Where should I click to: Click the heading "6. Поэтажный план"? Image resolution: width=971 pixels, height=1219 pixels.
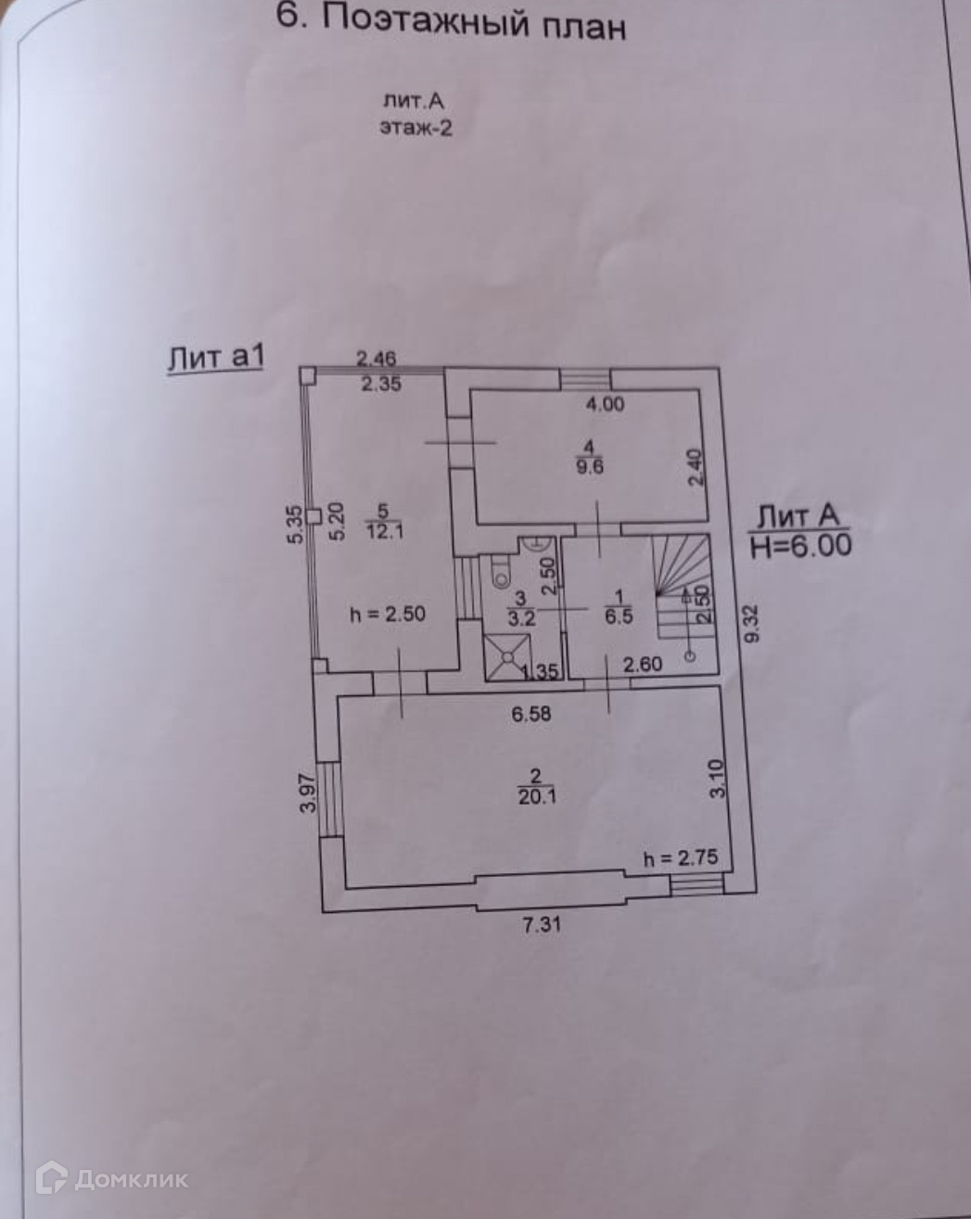tap(453, 22)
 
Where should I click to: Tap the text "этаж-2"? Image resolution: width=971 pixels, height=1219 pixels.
tap(415, 128)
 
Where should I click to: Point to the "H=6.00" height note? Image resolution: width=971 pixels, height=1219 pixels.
tap(799, 545)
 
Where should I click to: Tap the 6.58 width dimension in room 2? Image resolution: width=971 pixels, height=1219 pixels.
tap(532, 715)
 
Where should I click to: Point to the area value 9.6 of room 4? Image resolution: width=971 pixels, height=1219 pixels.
tap(589, 467)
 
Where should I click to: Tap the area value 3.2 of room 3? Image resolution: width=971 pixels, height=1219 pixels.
tap(520, 620)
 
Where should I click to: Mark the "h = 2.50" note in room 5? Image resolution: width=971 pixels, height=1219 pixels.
tap(387, 614)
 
